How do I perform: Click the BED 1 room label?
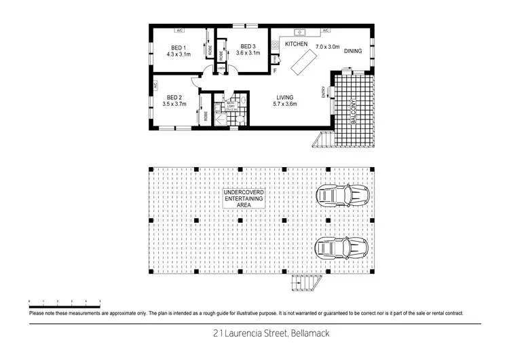coord(180,48)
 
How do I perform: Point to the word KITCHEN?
coord(297,44)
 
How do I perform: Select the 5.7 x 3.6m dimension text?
coord(284,105)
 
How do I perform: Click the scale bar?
coord(64,300)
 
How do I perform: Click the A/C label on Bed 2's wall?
coord(155,86)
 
